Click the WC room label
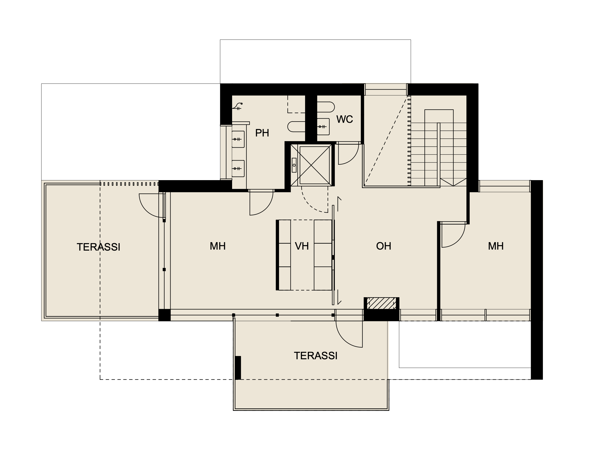pyautogui.click(x=345, y=119)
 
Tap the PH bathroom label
pyautogui.click(x=262, y=133)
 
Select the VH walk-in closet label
pyautogui.click(x=302, y=246)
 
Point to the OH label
pyautogui.click(x=384, y=246)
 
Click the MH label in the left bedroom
pyautogui.click(x=218, y=246)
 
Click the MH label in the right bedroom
pyautogui.click(x=496, y=246)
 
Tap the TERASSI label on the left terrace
pyautogui.click(x=99, y=247)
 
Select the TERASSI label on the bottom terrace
pyautogui.click(x=316, y=356)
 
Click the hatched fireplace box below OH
pyautogui.click(x=382, y=303)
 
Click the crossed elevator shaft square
pyautogui.click(x=315, y=165)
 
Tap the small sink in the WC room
pyautogui.click(x=323, y=127)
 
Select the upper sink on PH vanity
pyautogui.click(x=238, y=139)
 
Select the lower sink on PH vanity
pyautogui.click(x=238, y=169)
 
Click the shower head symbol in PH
pyautogui.click(x=238, y=106)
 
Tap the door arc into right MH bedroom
pyautogui.click(x=459, y=241)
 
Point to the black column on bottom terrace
pyautogui.click(x=238, y=367)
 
